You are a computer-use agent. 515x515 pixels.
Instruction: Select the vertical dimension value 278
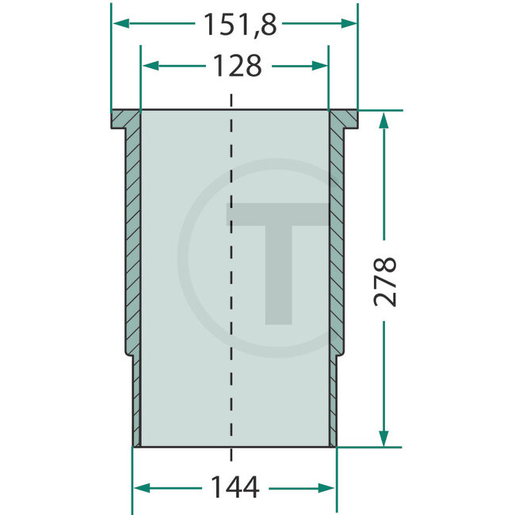point(385,280)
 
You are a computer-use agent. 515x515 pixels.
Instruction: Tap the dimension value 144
point(234,488)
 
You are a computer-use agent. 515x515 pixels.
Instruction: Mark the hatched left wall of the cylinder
point(132,238)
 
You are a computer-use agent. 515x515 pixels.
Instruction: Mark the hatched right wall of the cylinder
point(336,238)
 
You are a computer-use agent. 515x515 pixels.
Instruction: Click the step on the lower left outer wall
point(129,355)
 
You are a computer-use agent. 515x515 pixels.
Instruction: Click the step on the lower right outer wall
point(339,355)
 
